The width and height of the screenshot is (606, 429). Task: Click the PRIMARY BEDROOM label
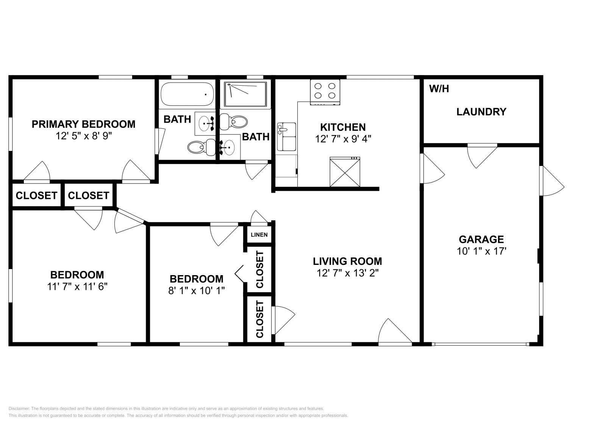(83, 124)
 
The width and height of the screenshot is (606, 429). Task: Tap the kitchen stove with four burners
(325, 92)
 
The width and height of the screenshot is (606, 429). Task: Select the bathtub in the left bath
(187, 94)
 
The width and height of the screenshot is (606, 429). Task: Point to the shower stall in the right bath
(245, 94)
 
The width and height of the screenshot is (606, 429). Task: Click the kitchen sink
(286, 137)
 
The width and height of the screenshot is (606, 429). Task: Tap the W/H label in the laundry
(439, 89)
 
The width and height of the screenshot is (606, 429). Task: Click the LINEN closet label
(259, 235)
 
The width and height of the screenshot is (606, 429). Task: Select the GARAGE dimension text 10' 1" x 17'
(481, 251)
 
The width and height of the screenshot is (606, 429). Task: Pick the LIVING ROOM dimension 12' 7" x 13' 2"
(347, 273)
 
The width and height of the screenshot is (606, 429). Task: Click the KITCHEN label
(343, 127)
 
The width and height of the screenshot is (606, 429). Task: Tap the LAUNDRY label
(481, 112)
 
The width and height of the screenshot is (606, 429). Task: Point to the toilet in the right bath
(233, 122)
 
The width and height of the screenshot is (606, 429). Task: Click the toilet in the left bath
(201, 147)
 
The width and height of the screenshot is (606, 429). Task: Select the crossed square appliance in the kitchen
(345, 172)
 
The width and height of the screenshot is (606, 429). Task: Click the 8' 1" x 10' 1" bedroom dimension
(197, 291)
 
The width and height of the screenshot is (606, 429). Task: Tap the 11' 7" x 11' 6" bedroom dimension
(77, 287)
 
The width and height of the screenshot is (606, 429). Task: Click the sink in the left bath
(205, 124)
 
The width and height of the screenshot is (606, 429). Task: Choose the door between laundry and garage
(482, 157)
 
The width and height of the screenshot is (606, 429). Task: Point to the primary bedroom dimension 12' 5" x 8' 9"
(84, 136)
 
